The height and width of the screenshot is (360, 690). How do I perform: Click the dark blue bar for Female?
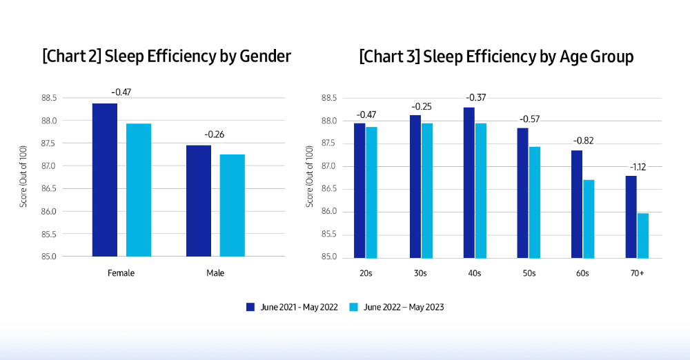104,180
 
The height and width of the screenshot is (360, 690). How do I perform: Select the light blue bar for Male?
232,206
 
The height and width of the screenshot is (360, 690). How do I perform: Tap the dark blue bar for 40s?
469,182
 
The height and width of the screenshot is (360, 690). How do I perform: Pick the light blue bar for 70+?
642,235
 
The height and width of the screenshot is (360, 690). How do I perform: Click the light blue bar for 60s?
589,219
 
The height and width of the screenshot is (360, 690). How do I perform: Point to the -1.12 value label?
636,166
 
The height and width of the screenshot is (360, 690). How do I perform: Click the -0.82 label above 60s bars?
582,141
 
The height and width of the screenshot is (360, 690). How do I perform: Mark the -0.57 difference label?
529,119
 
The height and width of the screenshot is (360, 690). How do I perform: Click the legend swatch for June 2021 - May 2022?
251,307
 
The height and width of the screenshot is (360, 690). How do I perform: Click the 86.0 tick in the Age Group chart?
328,212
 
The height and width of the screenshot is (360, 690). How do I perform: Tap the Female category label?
121,273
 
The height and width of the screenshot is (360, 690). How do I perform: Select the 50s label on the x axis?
529,274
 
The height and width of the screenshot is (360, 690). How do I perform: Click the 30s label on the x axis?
420,274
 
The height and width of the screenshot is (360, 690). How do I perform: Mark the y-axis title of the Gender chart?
23,177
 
